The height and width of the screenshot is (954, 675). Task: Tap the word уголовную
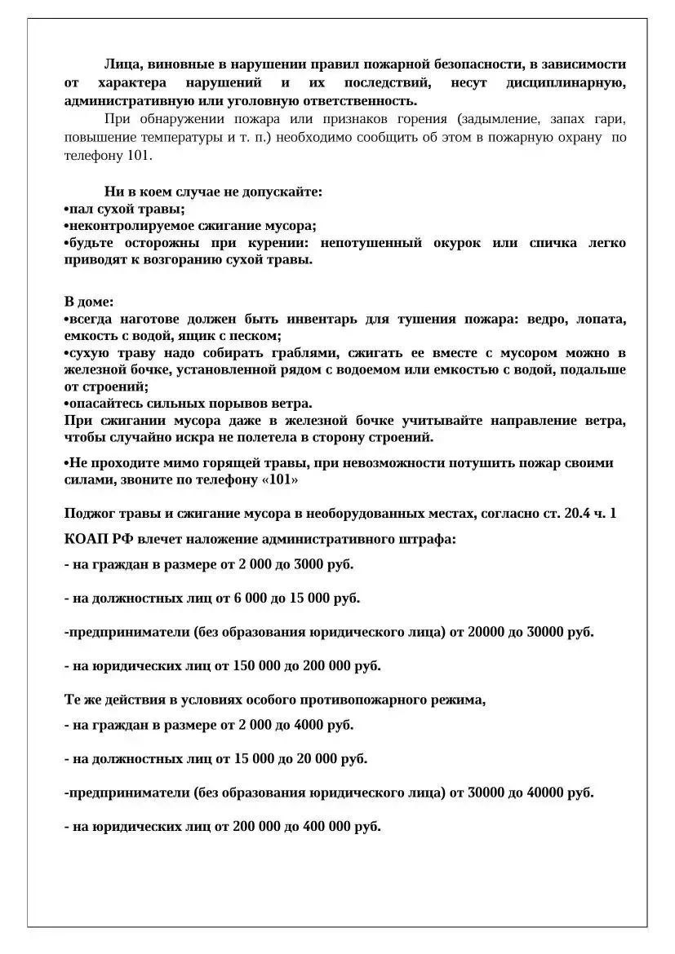246,101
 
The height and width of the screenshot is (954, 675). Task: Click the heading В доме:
89,301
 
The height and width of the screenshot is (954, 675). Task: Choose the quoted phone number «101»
280,480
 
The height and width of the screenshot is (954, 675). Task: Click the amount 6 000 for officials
250,598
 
